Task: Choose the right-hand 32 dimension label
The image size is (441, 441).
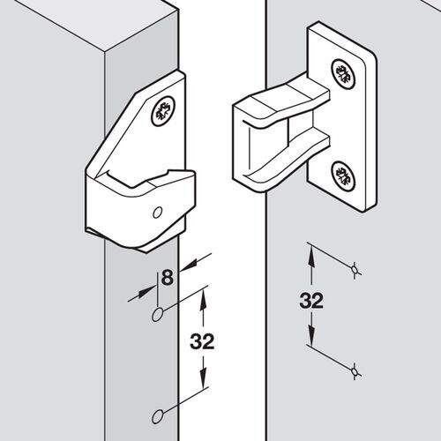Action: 310,300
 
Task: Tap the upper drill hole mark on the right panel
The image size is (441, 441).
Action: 355,269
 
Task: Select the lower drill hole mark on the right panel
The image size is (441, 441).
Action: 355,374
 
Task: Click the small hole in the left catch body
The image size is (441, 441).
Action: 157,213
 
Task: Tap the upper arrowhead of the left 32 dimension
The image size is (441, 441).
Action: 204,300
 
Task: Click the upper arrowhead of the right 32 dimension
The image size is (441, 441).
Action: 311,251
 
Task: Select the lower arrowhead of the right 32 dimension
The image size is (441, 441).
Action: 311,344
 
